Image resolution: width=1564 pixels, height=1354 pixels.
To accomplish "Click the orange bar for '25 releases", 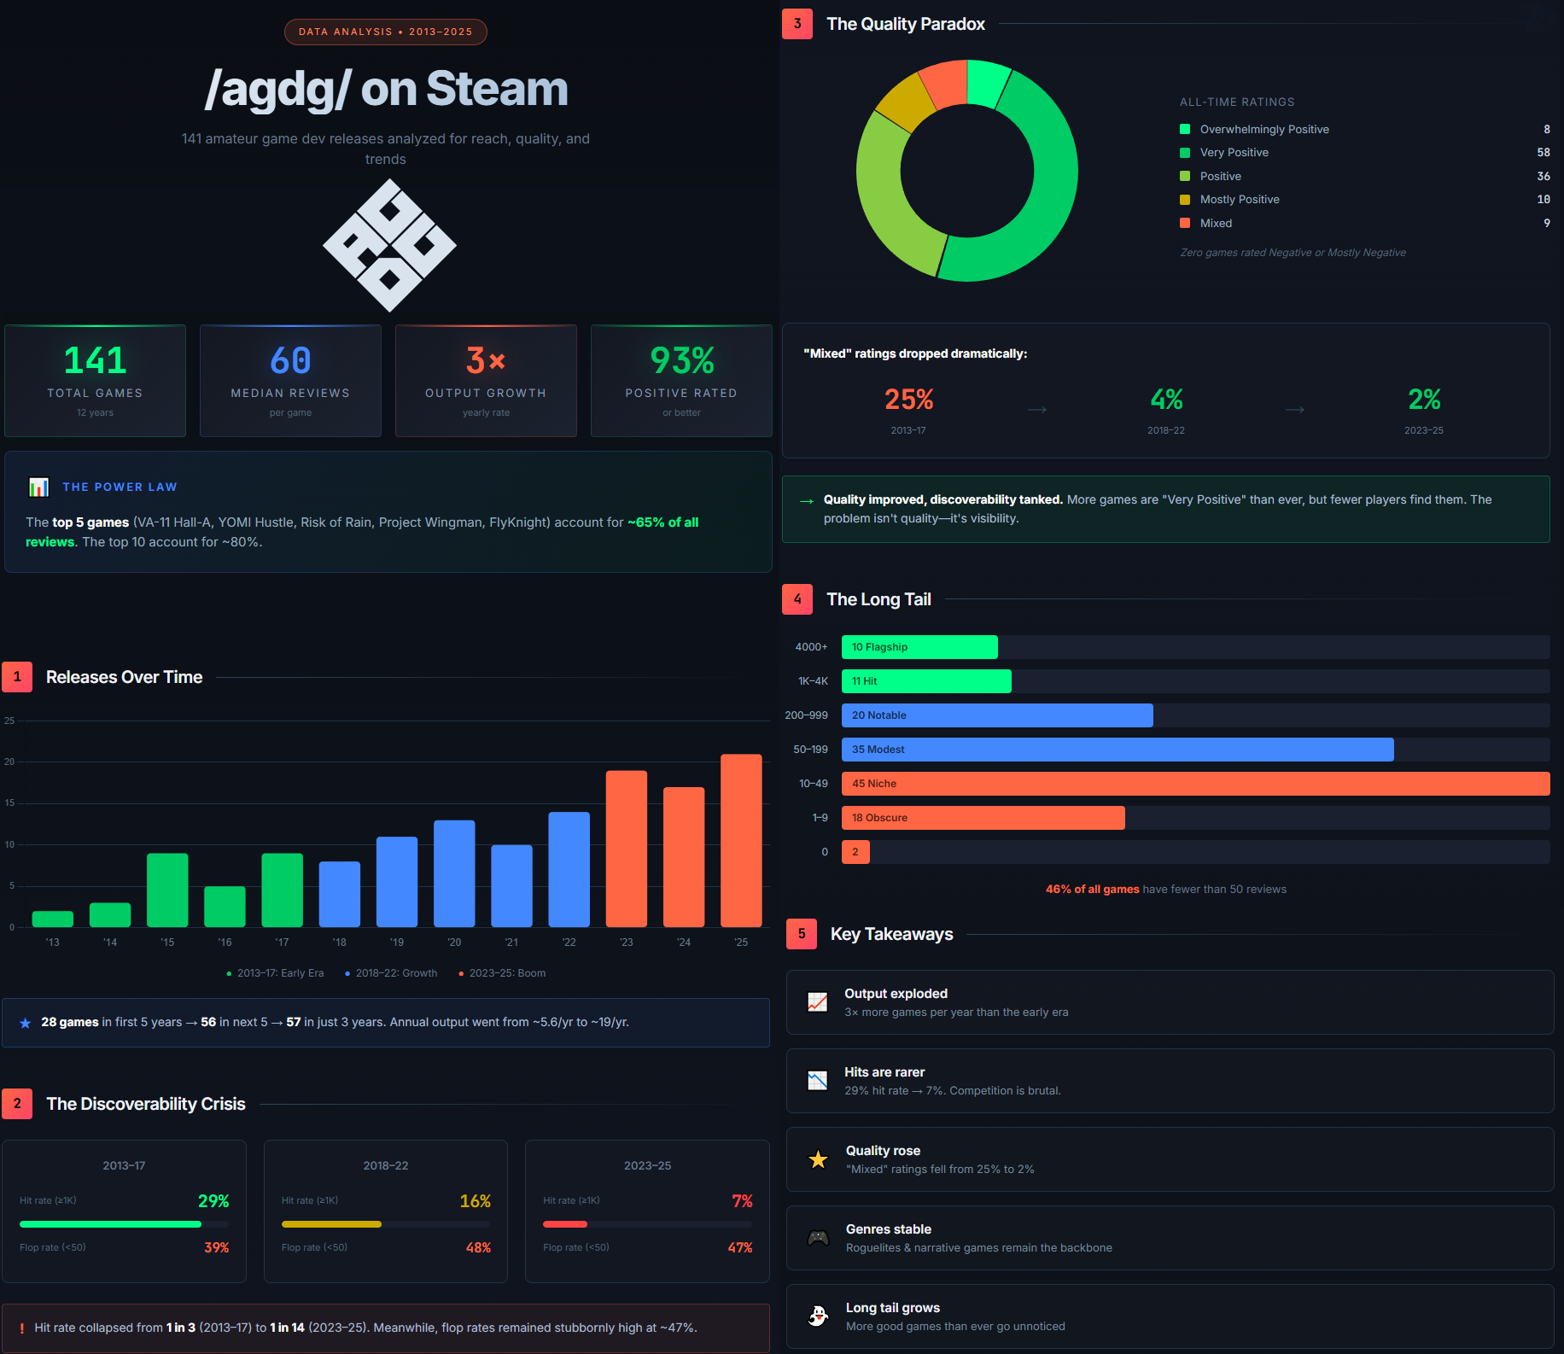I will [x=741, y=840].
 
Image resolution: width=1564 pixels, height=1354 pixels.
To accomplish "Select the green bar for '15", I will [x=167, y=890].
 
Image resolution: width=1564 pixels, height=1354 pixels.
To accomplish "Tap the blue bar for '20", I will [x=454, y=873].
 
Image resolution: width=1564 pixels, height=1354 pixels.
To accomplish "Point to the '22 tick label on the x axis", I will [x=569, y=943].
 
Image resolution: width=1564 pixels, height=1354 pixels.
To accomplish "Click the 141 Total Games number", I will [x=95, y=360].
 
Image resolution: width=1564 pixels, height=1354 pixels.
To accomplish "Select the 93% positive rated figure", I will [x=681, y=360].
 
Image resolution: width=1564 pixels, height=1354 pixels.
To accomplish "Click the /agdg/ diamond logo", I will [x=389, y=245].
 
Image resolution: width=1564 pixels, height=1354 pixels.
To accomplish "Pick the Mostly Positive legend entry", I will [x=1239, y=200].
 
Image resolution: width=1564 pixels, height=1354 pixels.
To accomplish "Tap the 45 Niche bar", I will [x=1195, y=784].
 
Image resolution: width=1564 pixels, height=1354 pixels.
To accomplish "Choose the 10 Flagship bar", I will [x=919, y=647].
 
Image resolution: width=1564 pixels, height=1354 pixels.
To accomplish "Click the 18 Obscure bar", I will [x=983, y=818].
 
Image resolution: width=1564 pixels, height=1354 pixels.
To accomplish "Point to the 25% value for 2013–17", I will [x=908, y=400].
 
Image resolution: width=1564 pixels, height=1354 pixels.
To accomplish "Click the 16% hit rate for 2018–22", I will [x=475, y=1201].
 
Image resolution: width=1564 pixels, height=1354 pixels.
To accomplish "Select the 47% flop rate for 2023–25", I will [x=739, y=1248].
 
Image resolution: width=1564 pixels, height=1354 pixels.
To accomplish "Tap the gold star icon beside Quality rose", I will [x=818, y=1159].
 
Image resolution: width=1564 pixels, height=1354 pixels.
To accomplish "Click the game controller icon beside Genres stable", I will [x=818, y=1238].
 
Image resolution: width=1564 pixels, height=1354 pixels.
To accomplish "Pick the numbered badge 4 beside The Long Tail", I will [x=797, y=599].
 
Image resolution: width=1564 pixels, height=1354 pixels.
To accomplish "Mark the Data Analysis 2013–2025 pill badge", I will [x=385, y=32].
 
